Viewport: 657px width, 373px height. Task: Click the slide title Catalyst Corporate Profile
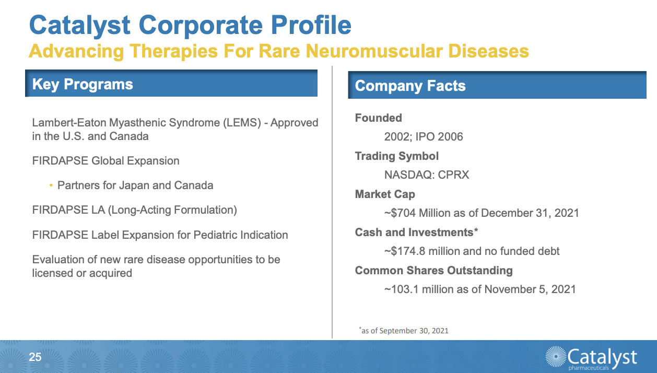coord(190,25)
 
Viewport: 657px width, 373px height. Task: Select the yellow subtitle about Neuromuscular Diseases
coord(279,51)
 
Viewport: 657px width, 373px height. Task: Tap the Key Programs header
coord(83,85)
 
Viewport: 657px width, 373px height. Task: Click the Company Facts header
coord(410,86)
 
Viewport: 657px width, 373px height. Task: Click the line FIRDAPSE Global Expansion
coord(105,161)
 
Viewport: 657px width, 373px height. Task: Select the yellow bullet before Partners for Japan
coord(51,185)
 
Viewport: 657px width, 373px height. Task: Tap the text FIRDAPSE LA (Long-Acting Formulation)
coord(134,210)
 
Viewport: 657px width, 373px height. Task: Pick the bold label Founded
coord(378,118)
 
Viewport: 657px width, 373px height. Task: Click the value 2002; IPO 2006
coord(423,137)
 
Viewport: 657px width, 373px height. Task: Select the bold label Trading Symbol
coord(396,156)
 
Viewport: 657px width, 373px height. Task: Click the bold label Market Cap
coord(385,194)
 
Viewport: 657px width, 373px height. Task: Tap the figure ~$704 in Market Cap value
coord(400,213)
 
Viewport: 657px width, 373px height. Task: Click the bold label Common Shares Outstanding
coord(433,271)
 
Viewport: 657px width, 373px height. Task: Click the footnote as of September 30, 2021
coord(404,331)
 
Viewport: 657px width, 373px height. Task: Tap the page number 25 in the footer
coord(35,357)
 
